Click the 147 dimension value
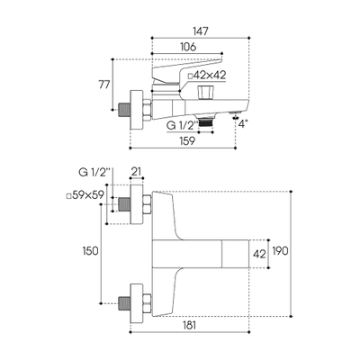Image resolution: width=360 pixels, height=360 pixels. click(201, 31)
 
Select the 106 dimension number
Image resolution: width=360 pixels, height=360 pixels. click(188, 47)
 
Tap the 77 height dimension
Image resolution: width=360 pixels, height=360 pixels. click(104, 85)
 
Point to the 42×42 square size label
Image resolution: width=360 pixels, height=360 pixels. click(207, 76)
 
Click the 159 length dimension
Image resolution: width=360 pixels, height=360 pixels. click(186, 140)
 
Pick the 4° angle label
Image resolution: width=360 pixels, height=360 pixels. click(243, 123)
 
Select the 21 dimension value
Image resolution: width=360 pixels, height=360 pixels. click(137, 172)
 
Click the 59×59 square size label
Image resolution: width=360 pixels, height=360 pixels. click(85, 195)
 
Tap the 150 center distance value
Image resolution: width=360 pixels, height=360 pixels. click(90, 251)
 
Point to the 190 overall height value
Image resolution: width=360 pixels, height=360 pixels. click(280, 251)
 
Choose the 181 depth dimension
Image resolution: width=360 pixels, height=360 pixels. click(189, 325)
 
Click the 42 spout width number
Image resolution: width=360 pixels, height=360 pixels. click(259, 254)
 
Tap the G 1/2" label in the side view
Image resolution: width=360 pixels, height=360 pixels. click(182, 125)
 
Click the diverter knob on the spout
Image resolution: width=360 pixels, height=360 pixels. click(205, 93)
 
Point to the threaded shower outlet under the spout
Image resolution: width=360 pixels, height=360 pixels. click(205, 121)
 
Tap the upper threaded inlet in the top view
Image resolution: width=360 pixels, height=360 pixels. click(124, 204)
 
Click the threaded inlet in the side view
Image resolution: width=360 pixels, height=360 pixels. click(124, 110)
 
